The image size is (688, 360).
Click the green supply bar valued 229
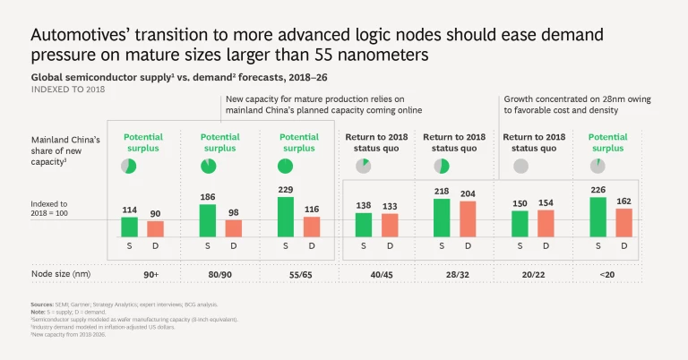[286, 217]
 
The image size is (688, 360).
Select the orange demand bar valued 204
[467, 219]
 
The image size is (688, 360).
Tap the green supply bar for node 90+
[130, 227]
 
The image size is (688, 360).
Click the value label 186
[208, 196]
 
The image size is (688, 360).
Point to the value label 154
[546, 203]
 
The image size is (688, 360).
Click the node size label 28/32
[454, 272]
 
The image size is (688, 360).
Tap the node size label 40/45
[375, 272]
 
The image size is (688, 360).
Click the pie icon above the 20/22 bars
[520, 166]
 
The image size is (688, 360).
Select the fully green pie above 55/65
[286, 166]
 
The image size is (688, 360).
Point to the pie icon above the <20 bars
[597, 166]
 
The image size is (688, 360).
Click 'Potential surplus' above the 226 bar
[608, 142]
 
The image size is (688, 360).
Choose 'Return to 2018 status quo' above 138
[375, 142]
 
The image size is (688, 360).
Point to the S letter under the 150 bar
[520, 244]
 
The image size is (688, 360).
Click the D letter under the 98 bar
[233, 244]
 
